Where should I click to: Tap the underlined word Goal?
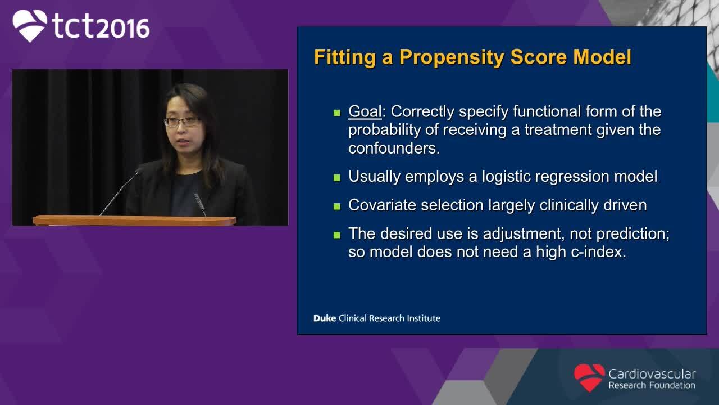(x=365, y=111)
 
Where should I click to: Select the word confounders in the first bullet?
(x=394, y=148)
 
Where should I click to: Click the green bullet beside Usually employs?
(x=336, y=177)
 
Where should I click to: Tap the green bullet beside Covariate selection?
(x=336, y=206)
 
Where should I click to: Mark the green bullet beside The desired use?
(x=336, y=235)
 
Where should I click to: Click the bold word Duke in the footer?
(x=325, y=318)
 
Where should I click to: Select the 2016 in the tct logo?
(x=123, y=28)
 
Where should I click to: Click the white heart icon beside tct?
(x=30, y=25)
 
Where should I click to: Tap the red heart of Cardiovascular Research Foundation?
(x=589, y=377)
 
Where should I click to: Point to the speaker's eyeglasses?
(x=183, y=121)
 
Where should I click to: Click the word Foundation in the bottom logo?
(x=672, y=385)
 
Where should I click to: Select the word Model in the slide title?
(x=602, y=57)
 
